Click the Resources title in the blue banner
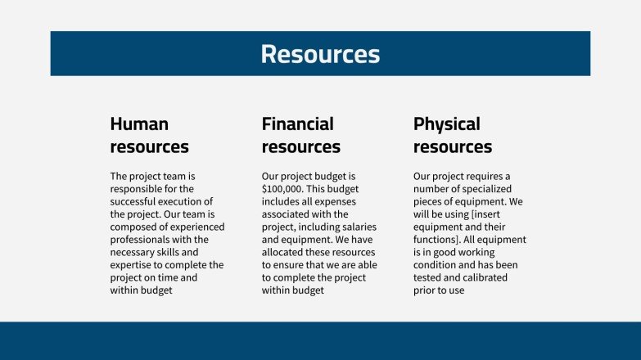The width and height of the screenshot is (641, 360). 320,54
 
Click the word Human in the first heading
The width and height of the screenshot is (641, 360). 139,124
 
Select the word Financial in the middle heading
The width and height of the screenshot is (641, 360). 298,124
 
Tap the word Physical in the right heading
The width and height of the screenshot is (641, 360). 447,124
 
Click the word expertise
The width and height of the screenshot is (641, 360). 133,264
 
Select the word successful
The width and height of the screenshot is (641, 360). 135,201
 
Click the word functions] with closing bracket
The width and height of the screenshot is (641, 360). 440,240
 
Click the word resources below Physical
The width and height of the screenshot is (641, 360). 453,147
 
